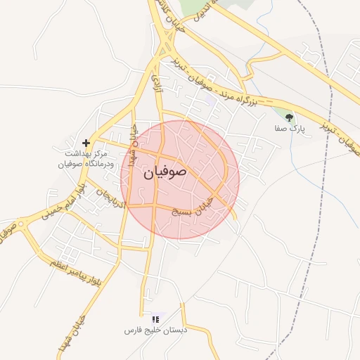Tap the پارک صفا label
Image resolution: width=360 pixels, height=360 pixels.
[290, 129]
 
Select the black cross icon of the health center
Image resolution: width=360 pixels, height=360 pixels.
[86, 142]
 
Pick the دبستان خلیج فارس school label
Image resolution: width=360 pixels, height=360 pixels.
[155, 330]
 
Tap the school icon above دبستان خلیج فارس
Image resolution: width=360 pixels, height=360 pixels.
[155, 319]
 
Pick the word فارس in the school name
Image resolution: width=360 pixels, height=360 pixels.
[131, 330]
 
